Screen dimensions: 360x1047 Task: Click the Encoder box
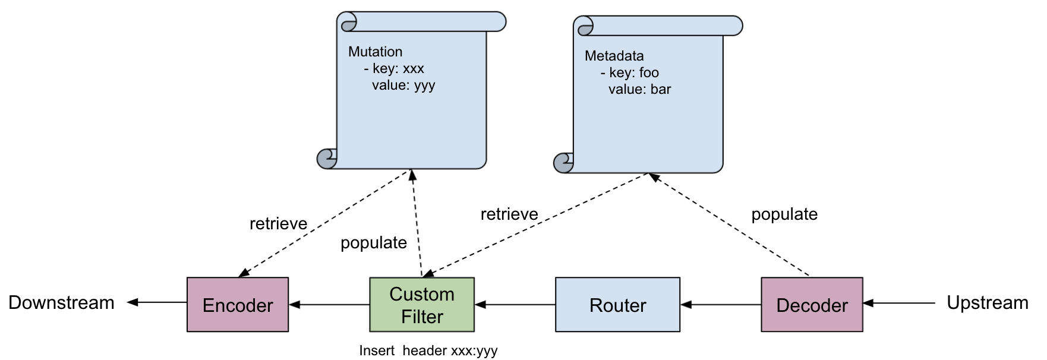point(238,305)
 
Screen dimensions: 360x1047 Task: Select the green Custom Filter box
point(422,305)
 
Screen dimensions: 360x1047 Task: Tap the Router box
point(617,305)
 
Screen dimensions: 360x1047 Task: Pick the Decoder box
point(812,305)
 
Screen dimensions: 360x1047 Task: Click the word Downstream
point(61,302)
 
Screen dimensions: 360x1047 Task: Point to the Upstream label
point(987,302)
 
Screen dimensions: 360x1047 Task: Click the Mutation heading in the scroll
point(375,52)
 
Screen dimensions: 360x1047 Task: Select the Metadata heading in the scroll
point(614,56)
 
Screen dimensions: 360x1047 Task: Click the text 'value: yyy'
point(403,85)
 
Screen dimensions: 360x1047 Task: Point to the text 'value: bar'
point(639,89)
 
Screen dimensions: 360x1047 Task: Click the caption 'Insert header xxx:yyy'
point(428,350)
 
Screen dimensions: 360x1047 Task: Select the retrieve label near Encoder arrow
point(278,223)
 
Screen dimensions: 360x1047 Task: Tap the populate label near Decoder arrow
point(784,214)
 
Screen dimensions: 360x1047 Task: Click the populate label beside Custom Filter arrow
point(373,242)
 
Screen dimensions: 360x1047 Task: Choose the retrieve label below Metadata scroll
point(509,214)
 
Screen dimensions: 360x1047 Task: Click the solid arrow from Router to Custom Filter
point(515,305)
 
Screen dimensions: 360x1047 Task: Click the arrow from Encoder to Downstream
point(157,302)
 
